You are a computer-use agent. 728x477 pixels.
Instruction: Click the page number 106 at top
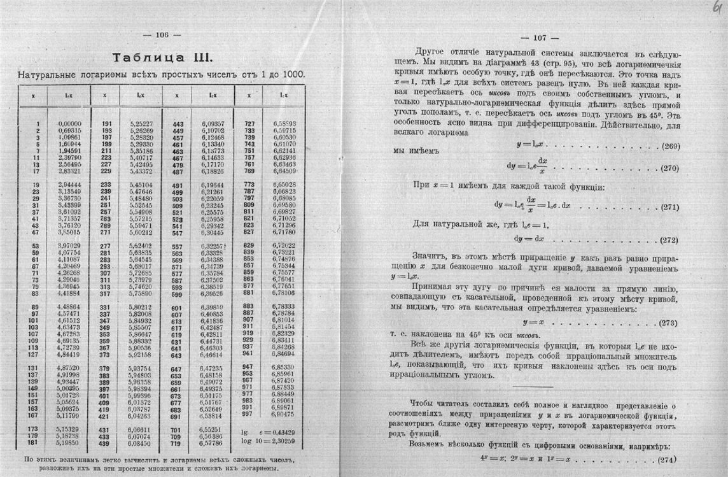164,36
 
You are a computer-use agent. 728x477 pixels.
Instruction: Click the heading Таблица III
162,58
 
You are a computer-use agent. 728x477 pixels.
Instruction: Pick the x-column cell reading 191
105,124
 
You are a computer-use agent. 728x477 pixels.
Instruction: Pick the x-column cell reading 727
249,124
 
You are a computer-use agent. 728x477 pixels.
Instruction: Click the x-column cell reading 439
105,443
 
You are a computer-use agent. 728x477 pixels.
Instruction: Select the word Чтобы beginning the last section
424,403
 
